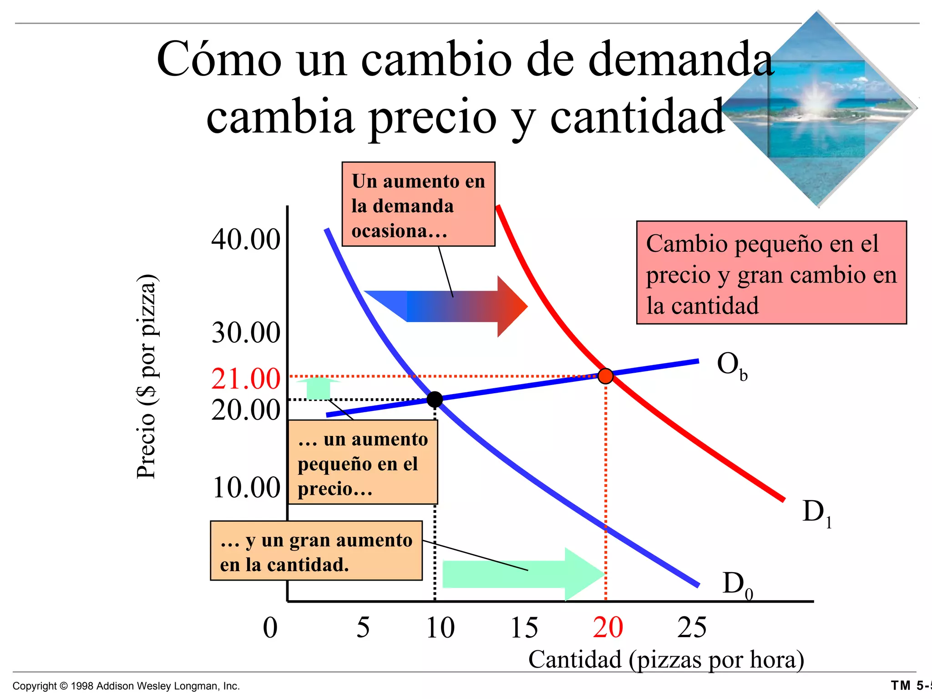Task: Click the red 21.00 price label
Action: tap(246, 379)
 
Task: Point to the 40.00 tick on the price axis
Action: tap(246, 239)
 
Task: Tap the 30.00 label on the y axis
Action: tap(246, 333)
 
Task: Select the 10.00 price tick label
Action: tap(246, 488)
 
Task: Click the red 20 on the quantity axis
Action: tap(608, 628)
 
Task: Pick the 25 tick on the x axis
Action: tap(692, 628)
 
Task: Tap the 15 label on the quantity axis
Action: tap(524, 628)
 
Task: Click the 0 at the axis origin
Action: tap(270, 628)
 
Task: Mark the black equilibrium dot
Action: tap(435, 399)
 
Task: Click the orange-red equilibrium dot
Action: tap(605, 376)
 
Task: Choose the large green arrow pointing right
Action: tap(523, 574)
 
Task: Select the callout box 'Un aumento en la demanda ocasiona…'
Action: tap(418, 204)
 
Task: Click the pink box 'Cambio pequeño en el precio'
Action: tap(771, 273)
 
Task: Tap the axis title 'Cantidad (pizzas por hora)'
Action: tap(666, 659)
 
